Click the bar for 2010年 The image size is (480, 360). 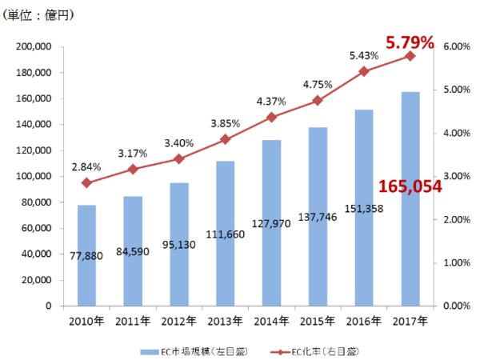click(86, 255)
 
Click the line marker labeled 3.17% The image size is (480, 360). click(133, 169)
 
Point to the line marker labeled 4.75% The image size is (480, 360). click(318, 100)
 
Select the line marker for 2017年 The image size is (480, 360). click(410, 56)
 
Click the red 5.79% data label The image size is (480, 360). click(409, 39)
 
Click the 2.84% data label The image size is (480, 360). click(86, 166)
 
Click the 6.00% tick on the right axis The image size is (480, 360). click(453, 47)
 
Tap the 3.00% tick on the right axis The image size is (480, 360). click(453, 177)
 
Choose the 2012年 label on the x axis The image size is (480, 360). click(179, 321)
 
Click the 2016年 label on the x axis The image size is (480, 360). click(364, 321)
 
